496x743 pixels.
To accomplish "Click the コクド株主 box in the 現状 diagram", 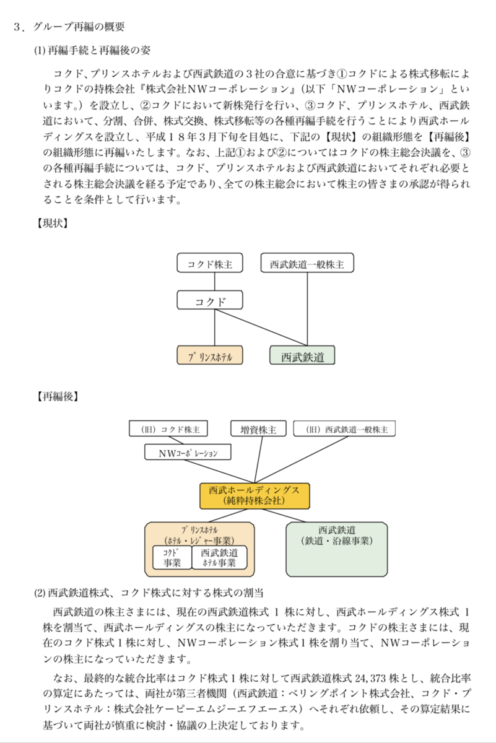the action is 210,263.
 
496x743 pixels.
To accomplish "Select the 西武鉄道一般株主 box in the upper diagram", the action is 307,263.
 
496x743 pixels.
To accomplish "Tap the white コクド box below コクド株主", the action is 210,300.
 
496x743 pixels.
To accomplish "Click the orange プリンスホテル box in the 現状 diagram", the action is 210,355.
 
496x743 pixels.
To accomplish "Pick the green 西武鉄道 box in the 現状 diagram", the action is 302,355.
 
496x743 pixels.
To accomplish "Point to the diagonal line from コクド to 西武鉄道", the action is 261,328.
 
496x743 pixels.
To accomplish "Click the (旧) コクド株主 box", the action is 168,428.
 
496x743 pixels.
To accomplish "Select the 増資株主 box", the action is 258,428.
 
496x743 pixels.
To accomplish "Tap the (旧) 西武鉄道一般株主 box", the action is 344,428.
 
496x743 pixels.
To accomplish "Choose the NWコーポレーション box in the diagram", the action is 188,452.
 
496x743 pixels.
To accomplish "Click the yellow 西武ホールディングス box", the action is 255,496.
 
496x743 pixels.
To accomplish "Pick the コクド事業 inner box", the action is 172,557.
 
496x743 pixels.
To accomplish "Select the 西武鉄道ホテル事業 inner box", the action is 219,557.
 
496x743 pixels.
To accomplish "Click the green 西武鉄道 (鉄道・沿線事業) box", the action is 337,549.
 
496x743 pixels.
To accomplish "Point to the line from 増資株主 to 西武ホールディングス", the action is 258,459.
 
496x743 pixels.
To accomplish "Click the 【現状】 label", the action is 52,224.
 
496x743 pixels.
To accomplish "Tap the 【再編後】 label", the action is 57,396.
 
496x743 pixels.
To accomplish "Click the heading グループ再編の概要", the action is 79,27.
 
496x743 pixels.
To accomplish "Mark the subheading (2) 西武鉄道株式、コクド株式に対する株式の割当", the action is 149,593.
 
